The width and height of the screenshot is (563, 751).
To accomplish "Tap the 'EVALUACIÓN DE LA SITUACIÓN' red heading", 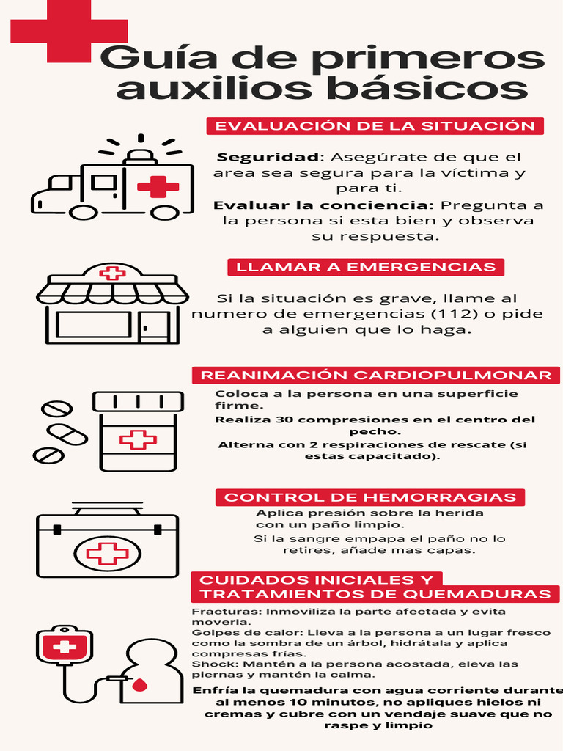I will [x=375, y=126].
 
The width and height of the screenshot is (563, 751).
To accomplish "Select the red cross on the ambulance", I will [x=158, y=186].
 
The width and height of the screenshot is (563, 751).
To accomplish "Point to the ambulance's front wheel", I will [x=83, y=212].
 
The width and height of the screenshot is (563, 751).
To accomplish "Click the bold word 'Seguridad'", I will [x=268, y=158].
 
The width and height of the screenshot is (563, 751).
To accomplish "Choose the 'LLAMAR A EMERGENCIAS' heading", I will [x=365, y=267].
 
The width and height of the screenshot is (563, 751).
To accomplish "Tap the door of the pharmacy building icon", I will [x=154, y=326].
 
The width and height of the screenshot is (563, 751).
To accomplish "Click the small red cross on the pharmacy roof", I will [x=112, y=274].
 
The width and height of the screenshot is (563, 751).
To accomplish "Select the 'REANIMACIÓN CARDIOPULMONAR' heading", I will [x=375, y=375].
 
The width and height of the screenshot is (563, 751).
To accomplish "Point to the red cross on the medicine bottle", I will [x=138, y=439].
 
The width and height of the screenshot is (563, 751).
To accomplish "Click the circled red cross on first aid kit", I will [x=107, y=552].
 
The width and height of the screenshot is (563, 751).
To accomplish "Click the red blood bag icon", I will [x=65, y=646].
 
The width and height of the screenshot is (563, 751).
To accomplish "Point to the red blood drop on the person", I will [x=139, y=686].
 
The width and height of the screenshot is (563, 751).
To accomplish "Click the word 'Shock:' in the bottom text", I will [x=208, y=664].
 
